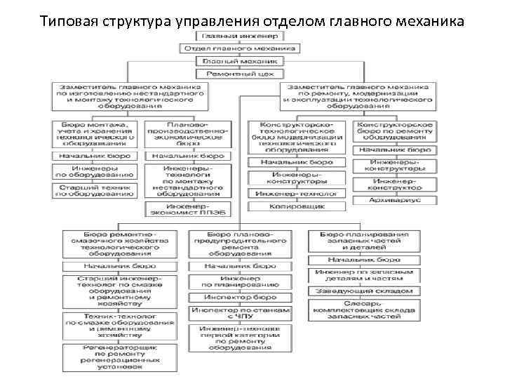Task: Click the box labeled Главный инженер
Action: [x=239, y=36]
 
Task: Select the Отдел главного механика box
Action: [x=239, y=48]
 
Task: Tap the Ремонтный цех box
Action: [x=239, y=74]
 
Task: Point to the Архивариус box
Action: [x=394, y=199]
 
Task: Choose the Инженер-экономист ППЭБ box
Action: [x=186, y=209]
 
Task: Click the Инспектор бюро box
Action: [x=240, y=298]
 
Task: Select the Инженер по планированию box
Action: [x=240, y=281]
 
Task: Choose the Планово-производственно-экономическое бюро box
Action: [x=186, y=136]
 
